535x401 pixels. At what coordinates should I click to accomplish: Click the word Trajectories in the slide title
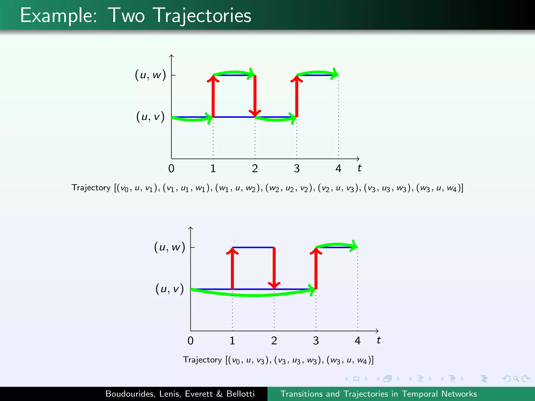coord(203,16)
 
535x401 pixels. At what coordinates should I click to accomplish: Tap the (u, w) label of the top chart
coord(150,75)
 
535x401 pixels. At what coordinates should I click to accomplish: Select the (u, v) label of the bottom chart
coord(170,289)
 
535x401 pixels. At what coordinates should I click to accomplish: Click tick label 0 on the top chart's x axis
coord(171,169)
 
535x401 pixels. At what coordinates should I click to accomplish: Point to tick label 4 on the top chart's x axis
coord(338,169)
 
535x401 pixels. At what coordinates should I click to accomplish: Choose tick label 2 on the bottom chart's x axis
coord(274,341)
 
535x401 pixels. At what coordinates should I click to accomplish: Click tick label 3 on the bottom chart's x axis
coord(316,341)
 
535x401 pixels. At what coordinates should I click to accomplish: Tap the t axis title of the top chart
coord(359,168)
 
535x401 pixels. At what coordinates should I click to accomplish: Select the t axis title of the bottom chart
coord(379,340)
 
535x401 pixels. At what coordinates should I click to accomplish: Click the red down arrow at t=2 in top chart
coord(255,97)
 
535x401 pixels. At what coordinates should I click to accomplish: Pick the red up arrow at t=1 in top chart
coord(213,97)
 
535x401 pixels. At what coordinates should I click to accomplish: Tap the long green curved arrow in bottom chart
coord(253,295)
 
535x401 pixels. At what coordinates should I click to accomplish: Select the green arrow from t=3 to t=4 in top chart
coord(318,72)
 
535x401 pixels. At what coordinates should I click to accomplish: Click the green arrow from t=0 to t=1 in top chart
coord(192,120)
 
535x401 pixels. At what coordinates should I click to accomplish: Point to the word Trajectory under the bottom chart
coord(202,360)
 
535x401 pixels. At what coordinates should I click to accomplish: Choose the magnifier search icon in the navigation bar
coord(516,379)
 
